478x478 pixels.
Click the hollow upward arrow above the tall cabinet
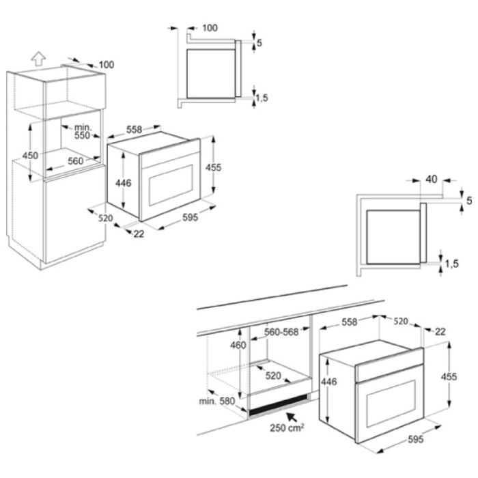(x=38, y=59)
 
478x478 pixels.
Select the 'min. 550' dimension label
(x=83, y=132)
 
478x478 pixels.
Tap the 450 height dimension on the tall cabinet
(x=29, y=156)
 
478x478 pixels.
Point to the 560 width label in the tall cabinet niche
(x=75, y=162)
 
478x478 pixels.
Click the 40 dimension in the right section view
(x=431, y=180)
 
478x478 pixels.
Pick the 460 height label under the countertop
(x=238, y=346)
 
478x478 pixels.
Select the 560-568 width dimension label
(x=281, y=333)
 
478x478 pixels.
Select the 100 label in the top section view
(x=210, y=28)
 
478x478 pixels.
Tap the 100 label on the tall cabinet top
(x=106, y=65)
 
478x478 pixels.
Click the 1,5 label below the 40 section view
(x=452, y=264)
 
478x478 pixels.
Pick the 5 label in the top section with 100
(x=259, y=43)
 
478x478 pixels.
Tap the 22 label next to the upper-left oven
(x=139, y=234)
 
